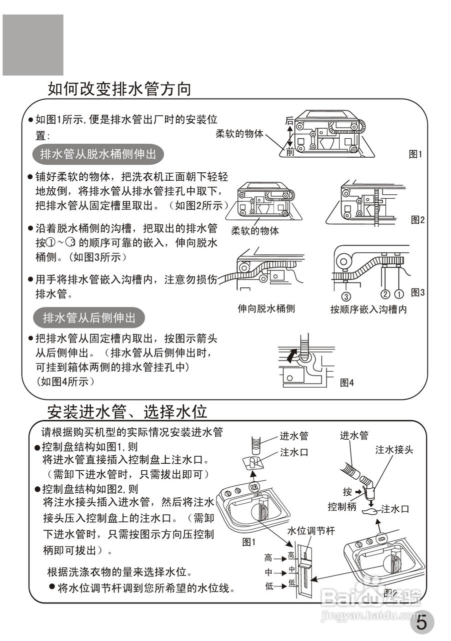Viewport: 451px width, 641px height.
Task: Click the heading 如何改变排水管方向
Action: coord(119,89)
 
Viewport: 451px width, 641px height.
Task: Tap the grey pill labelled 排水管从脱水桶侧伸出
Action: coord(98,154)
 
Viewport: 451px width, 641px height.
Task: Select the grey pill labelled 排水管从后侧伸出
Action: coord(89,317)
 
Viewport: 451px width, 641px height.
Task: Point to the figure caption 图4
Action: coord(346,383)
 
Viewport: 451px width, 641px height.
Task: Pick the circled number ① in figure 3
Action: coord(399,293)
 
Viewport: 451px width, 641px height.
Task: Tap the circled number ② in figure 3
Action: coord(385,293)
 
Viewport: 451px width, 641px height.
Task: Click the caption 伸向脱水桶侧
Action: coord(266,308)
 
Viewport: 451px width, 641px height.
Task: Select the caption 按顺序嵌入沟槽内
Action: coord(368,309)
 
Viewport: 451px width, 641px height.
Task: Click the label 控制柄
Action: coord(341,506)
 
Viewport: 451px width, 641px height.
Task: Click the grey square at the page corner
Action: coord(33,45)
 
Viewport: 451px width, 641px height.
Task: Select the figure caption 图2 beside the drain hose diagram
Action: coord(417,219)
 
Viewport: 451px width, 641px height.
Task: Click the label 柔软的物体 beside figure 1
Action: coord(239,134)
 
